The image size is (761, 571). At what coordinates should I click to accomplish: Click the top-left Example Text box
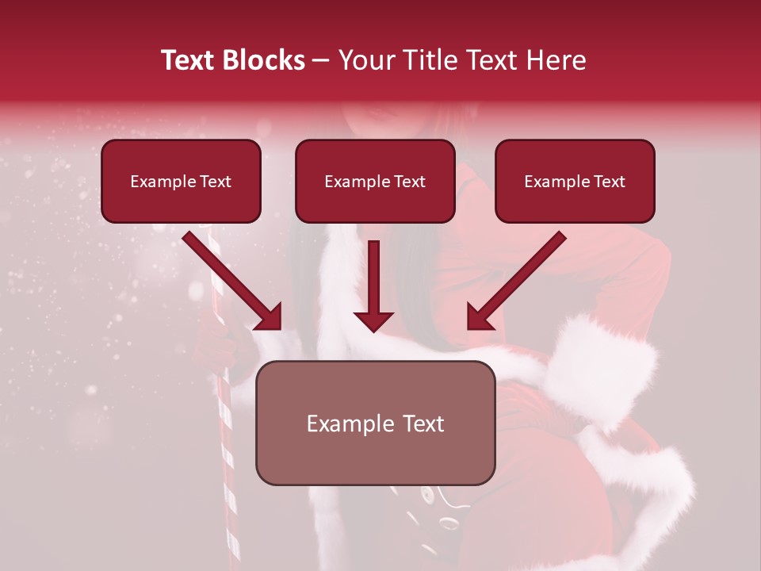pos(181,182)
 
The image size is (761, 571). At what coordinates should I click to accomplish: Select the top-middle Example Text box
pos(375,182)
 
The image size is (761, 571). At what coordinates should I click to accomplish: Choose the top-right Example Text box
pos(575,182)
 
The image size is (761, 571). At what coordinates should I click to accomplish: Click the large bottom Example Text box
pos(375,423)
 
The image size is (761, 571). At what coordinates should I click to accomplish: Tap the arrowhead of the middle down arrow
pos(373,320)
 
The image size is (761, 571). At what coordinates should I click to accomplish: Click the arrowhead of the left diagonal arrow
pos(270,317)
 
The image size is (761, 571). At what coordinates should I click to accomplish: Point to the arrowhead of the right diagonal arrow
pos(479,317)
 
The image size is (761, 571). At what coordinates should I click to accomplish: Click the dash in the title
pos(321,60)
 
